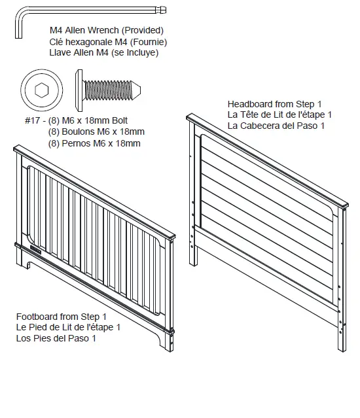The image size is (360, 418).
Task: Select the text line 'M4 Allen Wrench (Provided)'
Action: tap(107, 31)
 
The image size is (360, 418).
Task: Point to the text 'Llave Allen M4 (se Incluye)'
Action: tap(104, 53)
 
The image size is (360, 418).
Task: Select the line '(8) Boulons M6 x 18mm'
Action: tap(96, 131)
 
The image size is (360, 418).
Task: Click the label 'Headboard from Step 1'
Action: tap(275, 104)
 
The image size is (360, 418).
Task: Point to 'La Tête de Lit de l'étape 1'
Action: tap(279, 115)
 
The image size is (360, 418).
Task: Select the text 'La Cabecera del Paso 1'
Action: tap(276, 126)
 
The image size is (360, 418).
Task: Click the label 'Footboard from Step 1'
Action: tap(62, 316)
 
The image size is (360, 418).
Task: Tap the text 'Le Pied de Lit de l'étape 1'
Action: tap(68, 327)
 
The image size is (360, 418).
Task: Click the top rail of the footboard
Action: tap(94, 193)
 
